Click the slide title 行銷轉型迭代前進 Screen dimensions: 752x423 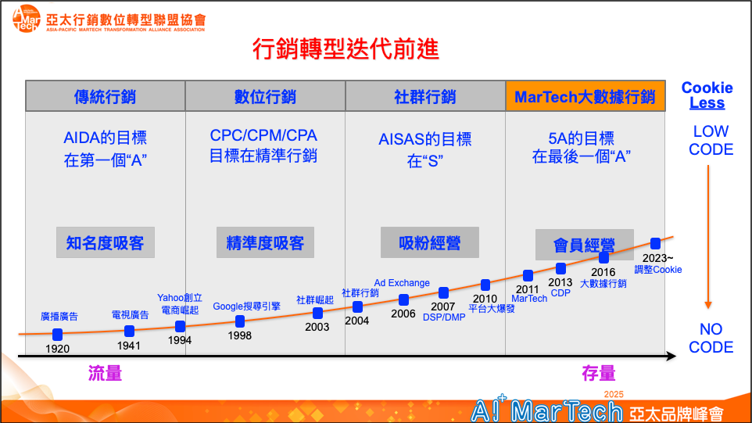point(346,49)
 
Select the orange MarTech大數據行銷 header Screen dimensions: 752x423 point(585,96)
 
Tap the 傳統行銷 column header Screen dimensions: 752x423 point(105,96)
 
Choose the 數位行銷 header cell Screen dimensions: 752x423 point(265,96)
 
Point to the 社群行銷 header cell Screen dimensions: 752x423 point(425,96)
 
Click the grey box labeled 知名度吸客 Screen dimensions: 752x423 point(106,242)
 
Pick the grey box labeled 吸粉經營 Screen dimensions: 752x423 point(430,242)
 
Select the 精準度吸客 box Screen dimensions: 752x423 point(265,242)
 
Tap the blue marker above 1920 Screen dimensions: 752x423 point(58,335)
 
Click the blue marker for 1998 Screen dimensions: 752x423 point(240,321)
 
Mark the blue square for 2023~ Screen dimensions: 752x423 point(656,244)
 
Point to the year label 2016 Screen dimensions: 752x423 point(603,272)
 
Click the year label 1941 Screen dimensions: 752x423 point(128,346)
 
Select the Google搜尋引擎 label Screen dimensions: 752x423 point(246,306)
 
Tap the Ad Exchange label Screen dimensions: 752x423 point(402,283)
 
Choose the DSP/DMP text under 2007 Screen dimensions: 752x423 point(444,317)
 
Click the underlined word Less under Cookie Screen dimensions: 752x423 point(707,103)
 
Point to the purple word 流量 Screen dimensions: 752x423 point(105,373)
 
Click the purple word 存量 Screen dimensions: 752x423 point(599,373)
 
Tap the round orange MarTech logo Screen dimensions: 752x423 point(27,20)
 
